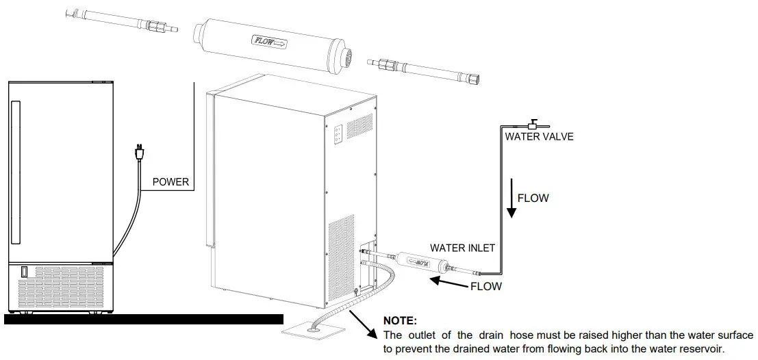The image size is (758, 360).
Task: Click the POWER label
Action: [170, 183]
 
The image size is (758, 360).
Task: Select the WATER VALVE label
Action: [539, 136]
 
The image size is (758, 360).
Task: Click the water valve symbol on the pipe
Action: [531, 125]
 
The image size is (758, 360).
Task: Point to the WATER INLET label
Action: [462, 247]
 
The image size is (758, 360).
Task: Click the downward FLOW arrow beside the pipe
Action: [510, 199]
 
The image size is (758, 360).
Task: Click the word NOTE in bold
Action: [399, 320]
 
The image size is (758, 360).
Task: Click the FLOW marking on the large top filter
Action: [270, 42]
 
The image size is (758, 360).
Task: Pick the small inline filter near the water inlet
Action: [420, 261]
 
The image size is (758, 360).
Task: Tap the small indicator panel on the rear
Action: [338, 133]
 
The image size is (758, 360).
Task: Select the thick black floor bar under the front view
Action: [143, 318]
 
